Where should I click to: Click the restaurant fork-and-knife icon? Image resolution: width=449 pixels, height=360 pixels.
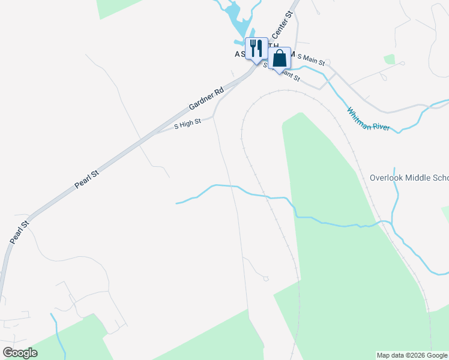[x=256, y=48]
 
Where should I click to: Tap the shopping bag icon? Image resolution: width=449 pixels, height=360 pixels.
[x=280, y=58]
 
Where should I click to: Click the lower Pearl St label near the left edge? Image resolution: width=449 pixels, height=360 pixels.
[x=19, y=232]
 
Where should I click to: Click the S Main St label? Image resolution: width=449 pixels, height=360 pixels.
[x=311, y=60]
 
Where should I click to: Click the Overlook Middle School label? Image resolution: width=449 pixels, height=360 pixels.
[x=409, y=178]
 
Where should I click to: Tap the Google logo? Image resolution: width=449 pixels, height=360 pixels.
[x=20, y=353]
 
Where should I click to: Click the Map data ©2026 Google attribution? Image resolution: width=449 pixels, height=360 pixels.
[x=412, y=355]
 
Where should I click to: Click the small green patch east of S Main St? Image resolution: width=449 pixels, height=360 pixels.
[x=390, y=59]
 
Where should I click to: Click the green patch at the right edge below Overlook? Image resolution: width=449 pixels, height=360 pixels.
[x=445, y=212]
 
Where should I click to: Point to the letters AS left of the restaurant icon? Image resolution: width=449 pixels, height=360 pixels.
[x=239, y=53]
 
